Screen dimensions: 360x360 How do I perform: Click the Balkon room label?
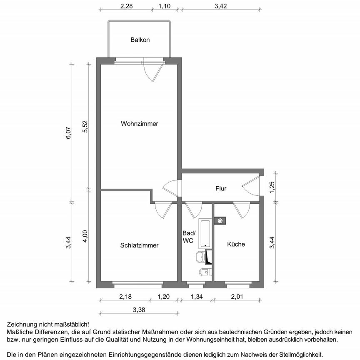(140, 40)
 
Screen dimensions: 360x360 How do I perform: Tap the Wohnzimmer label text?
(140, 124)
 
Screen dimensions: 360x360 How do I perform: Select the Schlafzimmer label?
(139, 245)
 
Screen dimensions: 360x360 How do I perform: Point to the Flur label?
(221, 189)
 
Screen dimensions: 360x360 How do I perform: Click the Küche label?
(236, 244)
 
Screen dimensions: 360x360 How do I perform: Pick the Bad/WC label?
(189, 237)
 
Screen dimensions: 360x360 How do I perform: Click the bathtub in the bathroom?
(205, 233)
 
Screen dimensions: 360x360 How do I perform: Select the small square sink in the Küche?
(220, 220)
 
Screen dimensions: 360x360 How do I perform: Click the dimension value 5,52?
(85, 126)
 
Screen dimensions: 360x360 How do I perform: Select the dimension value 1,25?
(272, 187)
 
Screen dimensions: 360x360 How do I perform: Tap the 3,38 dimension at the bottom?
(139, 310)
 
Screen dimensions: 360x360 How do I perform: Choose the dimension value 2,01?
(236, 297)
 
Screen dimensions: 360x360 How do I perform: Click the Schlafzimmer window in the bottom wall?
(137, 285)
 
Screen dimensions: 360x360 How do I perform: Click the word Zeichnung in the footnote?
(21, 324)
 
